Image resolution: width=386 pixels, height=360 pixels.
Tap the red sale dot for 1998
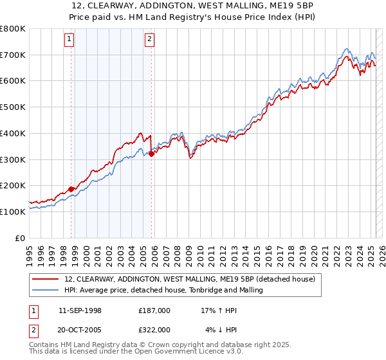[71, 189]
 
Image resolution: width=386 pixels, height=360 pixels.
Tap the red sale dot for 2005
[151, 154]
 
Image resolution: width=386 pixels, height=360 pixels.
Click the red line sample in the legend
[47, 279]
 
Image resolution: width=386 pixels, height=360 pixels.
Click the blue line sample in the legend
[47, 290]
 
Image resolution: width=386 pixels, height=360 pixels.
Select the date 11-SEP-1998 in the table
[80, 310]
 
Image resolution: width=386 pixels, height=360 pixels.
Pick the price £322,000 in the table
[154, 329]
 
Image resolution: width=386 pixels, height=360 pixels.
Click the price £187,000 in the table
[154, 310]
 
